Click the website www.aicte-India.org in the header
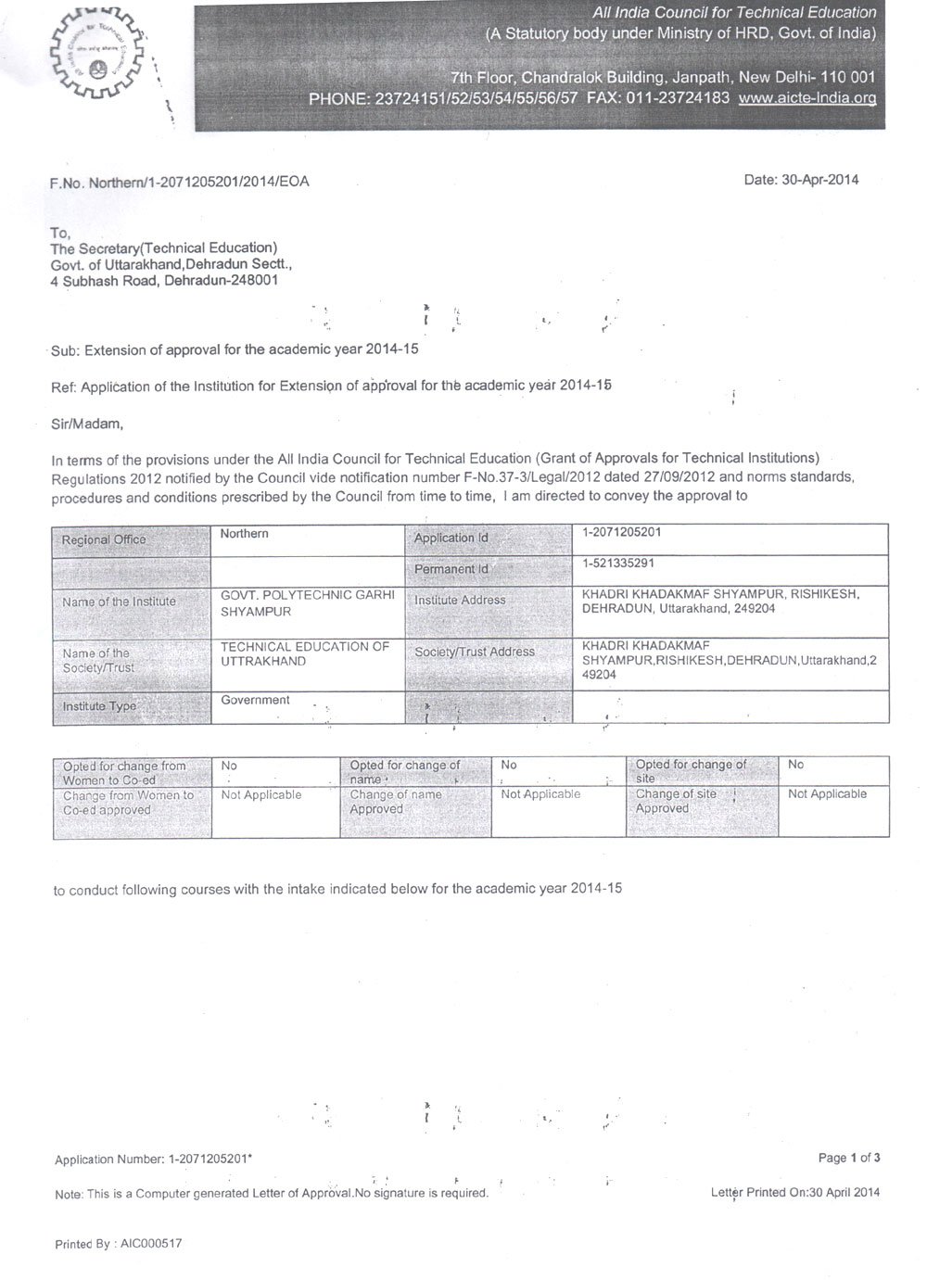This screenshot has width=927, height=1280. (x=806, y=98)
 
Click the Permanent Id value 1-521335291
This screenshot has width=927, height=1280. (x=619, y=564)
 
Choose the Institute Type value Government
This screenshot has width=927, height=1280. (x=255, y=701)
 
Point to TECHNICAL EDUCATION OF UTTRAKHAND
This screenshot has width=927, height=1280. (x=305, y=655)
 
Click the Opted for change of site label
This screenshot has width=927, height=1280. (x=691, y=770)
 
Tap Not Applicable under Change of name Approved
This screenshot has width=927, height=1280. (x=540, y=794)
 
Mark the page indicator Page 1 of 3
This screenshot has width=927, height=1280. (x=849, y=1158)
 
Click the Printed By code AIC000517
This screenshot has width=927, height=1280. (x=151, y=1244)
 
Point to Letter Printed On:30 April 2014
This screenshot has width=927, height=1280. (x=795, y=1193)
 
